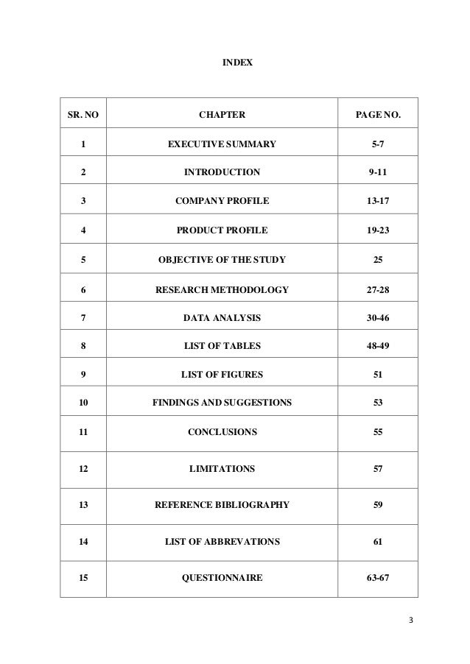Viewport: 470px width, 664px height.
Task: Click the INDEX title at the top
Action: click(x=237, y=64)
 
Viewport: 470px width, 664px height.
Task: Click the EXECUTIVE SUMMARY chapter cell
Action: click(x=222, y=144)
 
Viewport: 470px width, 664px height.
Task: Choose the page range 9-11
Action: click(x=377, y=173)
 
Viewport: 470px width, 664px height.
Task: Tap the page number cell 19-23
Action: click(x=377, y=230)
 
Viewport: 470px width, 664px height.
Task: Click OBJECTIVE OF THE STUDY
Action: click(x=222, y=259)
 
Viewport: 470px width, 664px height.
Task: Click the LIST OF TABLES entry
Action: click(x=222, y=345)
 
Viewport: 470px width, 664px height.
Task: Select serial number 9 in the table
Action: click(x=83, y=374)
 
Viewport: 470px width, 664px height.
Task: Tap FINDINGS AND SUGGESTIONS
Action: click(x=222, y=403)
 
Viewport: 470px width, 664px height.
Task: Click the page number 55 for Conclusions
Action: click(x=377, y=433)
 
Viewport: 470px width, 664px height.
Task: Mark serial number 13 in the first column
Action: click(x=83, y=506)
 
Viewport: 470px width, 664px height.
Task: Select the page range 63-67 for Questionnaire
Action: click(x=377, y=579)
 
